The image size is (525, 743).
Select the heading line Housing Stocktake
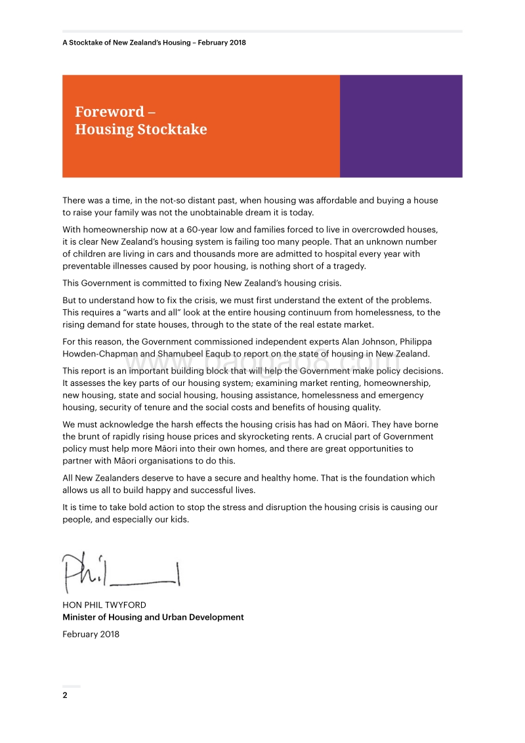click(141, 129)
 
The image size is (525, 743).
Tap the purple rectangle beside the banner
click(401, 126)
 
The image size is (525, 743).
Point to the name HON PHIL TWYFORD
click(104, 605)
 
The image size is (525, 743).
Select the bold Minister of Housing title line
click(153, 617)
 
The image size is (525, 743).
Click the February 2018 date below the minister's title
click(91, 634)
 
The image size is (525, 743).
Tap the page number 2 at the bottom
click(65, 696)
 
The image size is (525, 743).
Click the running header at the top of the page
click(154, 43)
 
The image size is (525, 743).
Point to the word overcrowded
click(373, 229)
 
